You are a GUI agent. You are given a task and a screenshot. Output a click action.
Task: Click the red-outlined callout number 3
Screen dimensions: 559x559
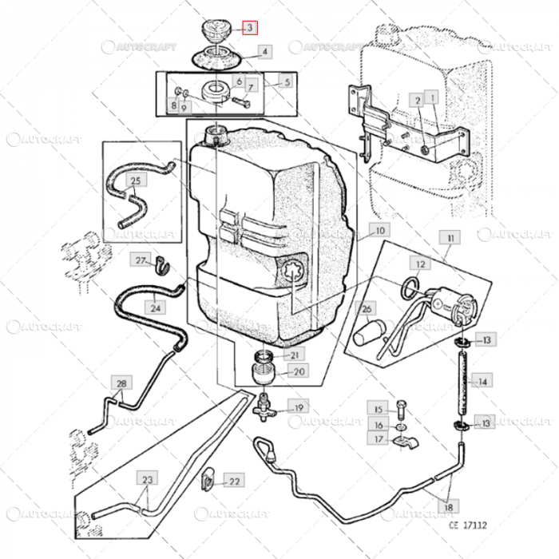250,28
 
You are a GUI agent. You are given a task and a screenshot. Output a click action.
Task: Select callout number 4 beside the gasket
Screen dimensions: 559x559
264,52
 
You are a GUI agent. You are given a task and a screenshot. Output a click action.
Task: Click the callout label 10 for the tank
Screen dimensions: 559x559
379,230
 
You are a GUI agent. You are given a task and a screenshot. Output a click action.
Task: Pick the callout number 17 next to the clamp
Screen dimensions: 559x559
379,439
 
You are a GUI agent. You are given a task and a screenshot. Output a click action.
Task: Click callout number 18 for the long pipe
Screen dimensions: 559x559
450,506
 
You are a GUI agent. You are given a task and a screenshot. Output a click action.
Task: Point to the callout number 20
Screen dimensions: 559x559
297,371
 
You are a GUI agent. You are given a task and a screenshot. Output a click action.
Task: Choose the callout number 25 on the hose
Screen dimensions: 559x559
136,181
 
